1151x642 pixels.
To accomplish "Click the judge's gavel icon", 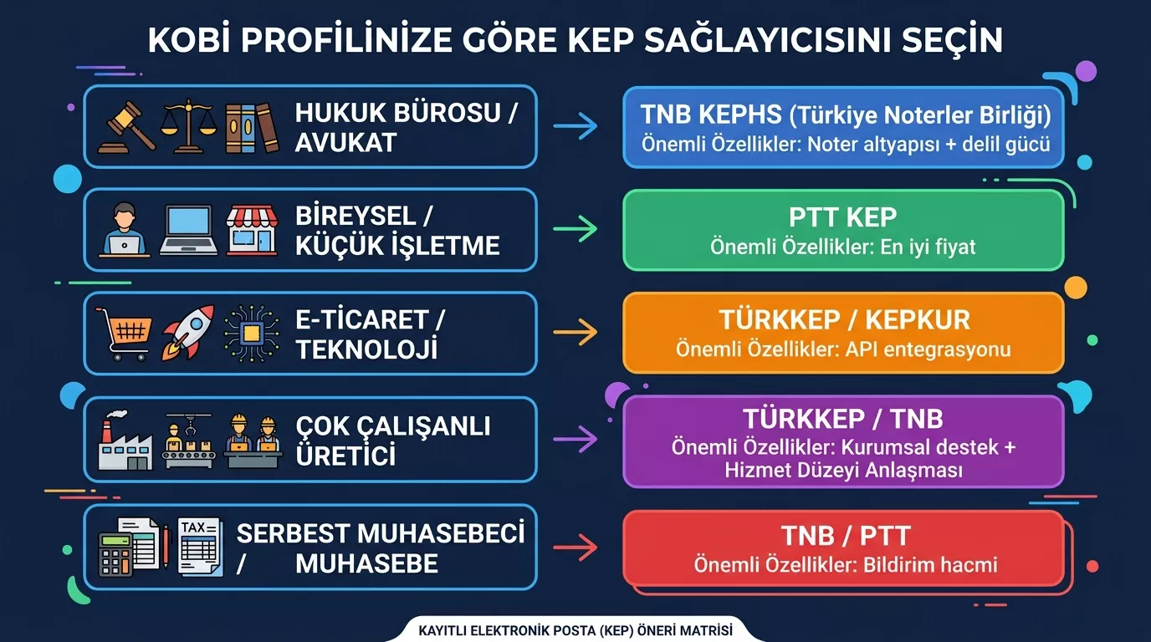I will [x=126, y=127].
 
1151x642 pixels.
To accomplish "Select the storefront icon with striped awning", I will [x=252, y=231].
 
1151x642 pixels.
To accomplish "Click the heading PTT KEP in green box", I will [x=842, y=217].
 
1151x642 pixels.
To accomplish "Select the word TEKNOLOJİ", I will [x=366, y=349].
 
